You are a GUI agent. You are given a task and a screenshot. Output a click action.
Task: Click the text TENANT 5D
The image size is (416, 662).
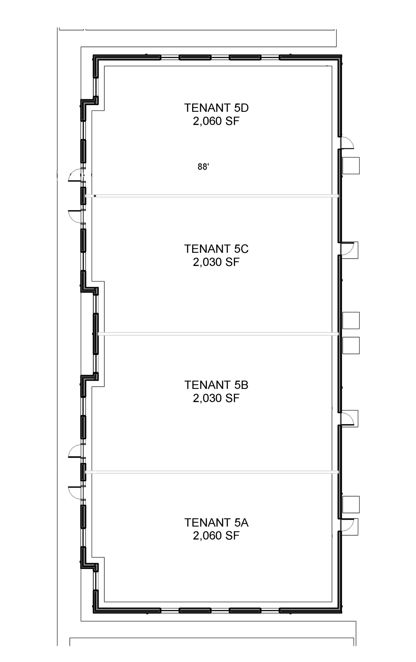click(x=216, y=108)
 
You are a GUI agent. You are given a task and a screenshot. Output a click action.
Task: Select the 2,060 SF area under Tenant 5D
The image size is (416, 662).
click(x=216, y=121)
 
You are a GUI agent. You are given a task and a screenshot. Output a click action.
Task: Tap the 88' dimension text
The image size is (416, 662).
click(x=203, y=167)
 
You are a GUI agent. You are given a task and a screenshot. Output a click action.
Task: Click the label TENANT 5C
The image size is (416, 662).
click(x=216, y=249)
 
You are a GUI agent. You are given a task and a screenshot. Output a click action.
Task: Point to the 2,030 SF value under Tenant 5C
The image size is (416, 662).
click(x=216, y=262)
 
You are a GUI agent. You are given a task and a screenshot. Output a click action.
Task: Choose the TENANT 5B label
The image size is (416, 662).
click(x=216, y=385)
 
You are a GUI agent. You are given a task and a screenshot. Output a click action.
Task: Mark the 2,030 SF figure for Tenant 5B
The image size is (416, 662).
click(x=216, y=398)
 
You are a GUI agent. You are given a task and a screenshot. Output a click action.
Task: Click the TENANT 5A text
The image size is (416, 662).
click(x=216, y=523)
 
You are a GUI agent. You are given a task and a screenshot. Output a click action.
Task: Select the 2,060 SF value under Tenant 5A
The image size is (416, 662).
click(x=216, y=536)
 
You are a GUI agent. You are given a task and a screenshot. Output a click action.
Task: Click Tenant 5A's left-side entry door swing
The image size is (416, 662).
click(x=75, y=492)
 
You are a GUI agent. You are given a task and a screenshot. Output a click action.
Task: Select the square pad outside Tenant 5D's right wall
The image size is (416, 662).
click(x=351, y=165)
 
